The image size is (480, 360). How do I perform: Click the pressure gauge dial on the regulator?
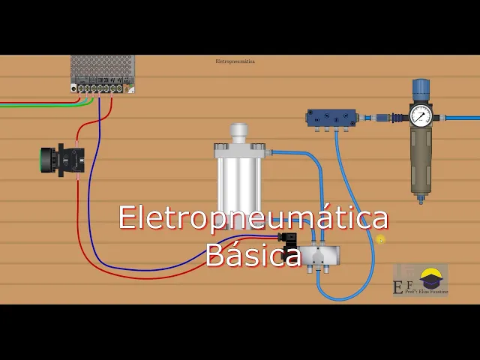pyautogui.click(x=421, y=115)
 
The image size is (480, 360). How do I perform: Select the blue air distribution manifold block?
pyautogui.click(x=331, y=118)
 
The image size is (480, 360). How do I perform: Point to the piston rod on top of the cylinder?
pyautogui.click(x=239, y=133)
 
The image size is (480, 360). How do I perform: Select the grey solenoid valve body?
pyautogui.click(x=318, y=256)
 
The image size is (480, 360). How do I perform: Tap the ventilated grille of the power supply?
pyautogui.click(x=103, y=66)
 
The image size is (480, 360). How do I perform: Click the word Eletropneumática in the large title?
pyautogui.click(x=253, y=218)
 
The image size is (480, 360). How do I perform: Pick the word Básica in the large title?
pyautogui.click(x=253, y=255)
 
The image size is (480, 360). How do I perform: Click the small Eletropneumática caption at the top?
pyautogui.click(x=235, y=61)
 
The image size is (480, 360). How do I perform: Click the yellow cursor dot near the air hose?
pyautogui.click(x=380, y=239)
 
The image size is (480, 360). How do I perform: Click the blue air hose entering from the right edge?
pyautogui.click(x=461, y=118)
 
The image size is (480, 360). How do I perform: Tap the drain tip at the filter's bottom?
pyautogui.click(x=421, y=199)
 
